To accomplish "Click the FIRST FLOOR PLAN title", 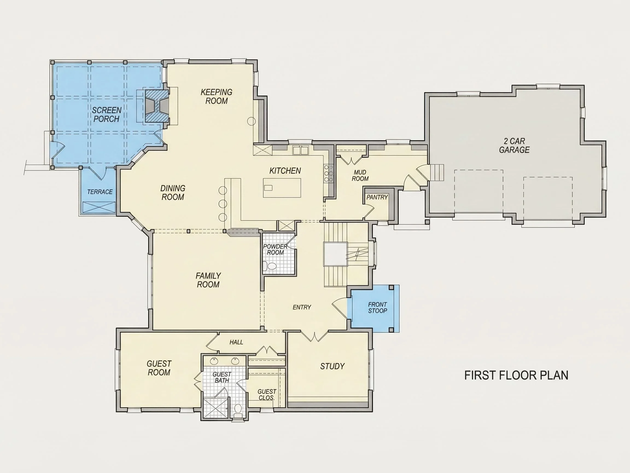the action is (x=516, y=375).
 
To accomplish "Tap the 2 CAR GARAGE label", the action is (x=514, y=145).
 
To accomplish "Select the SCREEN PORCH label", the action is (x=107, y=114).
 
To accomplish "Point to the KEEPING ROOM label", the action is (x=217, y=96).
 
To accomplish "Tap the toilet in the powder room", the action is (x=269, y=266).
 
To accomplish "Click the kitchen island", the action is (x=282, y=188).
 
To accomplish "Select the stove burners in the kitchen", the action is (x=329, y=173).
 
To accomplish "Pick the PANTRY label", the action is (x=377, y=197).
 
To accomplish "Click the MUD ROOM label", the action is (x=360, y=175).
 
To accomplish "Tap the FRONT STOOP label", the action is (x=377, y=308).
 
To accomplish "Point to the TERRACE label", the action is (x=100, y=192).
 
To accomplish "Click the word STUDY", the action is (x=332, y=366).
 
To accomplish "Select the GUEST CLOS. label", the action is (x=267, y=395).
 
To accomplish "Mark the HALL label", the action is (x=237, y=342).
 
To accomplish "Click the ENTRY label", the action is (x=302, y=307).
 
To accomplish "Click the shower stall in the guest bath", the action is (x=216, y=408).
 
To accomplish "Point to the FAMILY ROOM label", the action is (x=208, y=280).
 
